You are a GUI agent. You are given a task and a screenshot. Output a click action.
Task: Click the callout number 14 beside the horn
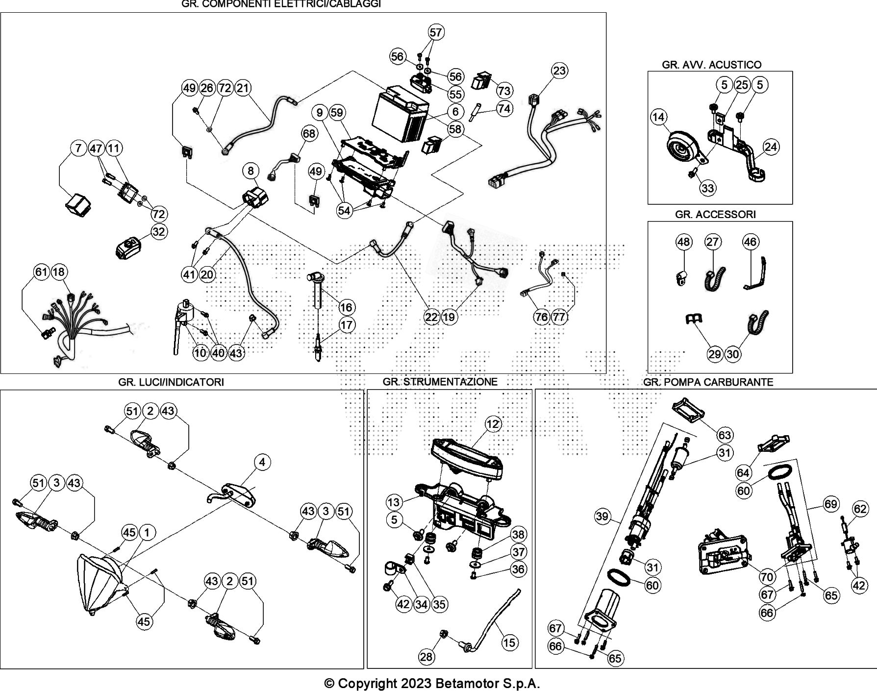(659, 117)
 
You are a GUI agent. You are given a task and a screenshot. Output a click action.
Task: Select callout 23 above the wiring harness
(559, 71)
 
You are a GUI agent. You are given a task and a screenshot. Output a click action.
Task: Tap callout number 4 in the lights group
(262, 462)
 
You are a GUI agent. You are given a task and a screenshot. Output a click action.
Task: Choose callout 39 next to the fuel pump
(602, 516)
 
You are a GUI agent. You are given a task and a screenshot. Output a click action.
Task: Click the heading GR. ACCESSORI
(715, 214)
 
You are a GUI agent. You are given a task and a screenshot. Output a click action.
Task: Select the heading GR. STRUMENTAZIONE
(440, 382)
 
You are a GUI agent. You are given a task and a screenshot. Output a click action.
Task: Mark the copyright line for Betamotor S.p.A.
(432, 683)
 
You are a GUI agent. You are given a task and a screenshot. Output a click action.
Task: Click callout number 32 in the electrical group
(158, 231)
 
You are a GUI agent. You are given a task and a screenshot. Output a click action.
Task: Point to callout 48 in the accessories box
(683, 242)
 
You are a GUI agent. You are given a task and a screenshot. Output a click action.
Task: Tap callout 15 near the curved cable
(509, 642)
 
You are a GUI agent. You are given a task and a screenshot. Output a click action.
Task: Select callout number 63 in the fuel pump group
(725, 435)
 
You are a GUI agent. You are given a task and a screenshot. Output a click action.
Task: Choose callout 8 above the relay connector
(251, 171)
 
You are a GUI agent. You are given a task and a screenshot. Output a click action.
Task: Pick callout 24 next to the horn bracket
(771, 147)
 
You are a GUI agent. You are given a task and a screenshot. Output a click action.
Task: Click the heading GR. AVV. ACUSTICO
(711, 65)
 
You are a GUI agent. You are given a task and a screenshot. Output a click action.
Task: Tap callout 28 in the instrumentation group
(426, 656)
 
